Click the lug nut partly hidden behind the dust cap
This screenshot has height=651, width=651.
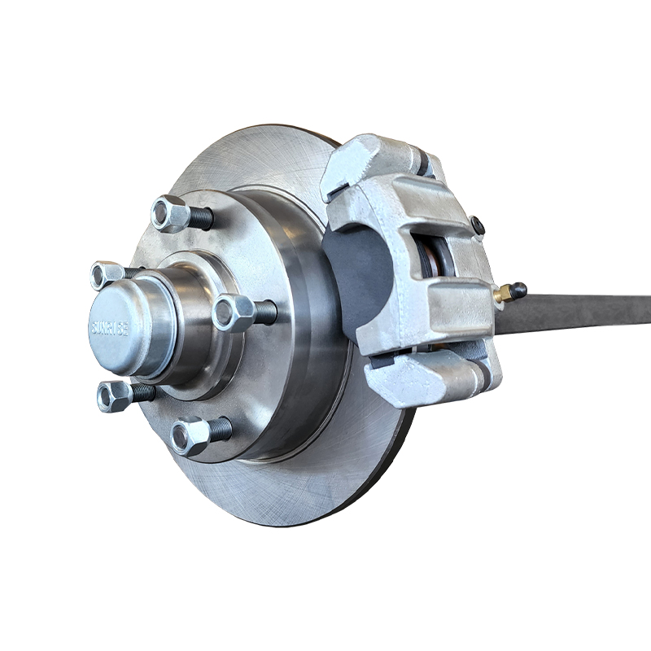pyautogui.click(x=106, y=274)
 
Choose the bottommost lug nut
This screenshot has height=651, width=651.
pyautogui.click(x=190, y=435)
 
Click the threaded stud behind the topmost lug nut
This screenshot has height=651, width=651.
pyautogui.click(x=201, y=218)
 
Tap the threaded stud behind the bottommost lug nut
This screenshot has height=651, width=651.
pyautogui.click(x=221, y=429)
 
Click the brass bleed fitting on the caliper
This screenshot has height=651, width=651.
pyautogui.click(x=502, y=294)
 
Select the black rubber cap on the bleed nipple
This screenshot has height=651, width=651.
pyautogui.click(x=518, y=289)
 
